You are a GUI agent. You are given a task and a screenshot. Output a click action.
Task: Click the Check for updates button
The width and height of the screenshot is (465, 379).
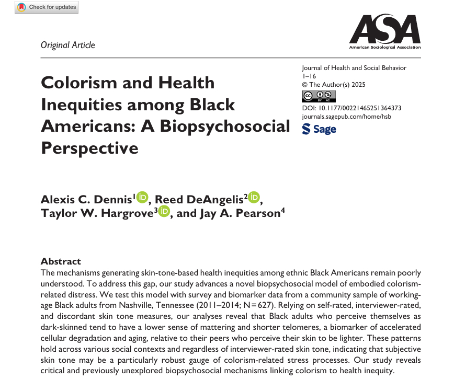tap(46, 7)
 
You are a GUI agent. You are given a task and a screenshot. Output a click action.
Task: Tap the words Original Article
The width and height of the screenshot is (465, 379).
tap(68, 45)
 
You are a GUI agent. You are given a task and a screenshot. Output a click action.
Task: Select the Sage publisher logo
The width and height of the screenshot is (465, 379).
tap(319, 129)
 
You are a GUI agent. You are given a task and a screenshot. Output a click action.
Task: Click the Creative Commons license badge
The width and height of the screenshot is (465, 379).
tap(319, 96)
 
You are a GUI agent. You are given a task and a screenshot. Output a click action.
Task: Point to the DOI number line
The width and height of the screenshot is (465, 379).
tap(351, 108)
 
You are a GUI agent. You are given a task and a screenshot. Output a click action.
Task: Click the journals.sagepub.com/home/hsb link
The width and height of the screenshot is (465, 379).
tap(346, 116)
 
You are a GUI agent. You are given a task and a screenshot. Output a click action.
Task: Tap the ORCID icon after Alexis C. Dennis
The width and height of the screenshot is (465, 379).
tap(142, 198)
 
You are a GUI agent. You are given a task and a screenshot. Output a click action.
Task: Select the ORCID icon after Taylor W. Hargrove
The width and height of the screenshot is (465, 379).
tap(164, 212)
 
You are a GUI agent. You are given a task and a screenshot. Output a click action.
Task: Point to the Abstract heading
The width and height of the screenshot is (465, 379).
tap(61, 261)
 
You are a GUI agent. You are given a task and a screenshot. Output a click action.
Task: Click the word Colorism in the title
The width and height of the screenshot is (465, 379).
tap(80, 83)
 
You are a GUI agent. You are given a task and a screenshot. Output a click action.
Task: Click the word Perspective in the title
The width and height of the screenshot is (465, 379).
tap(89, 148)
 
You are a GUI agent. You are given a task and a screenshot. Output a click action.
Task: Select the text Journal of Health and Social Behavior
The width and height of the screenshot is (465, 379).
tap(354, 68)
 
